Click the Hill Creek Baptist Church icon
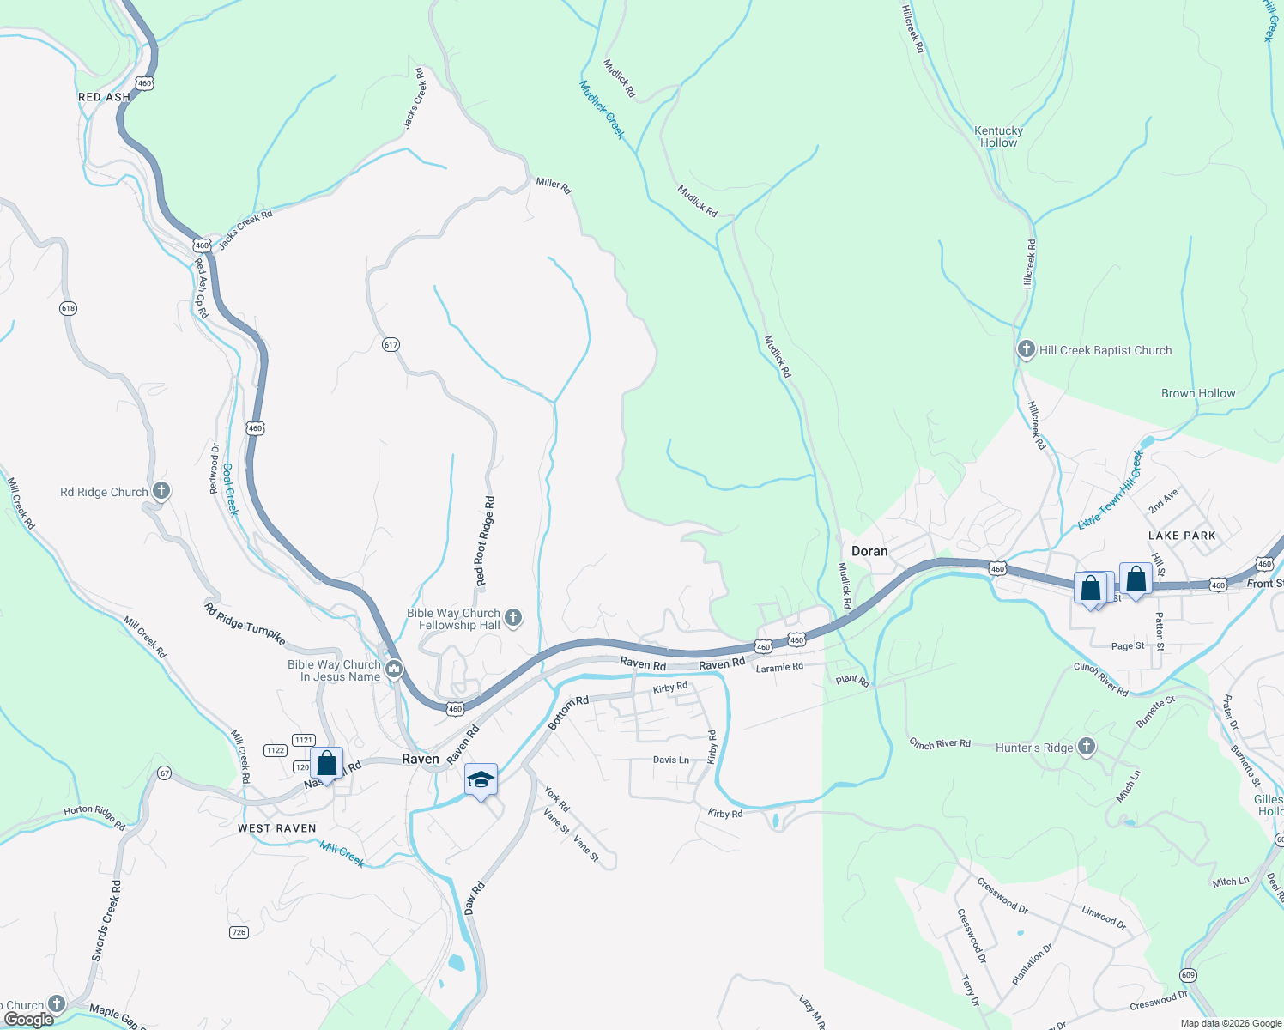pos(1026,349)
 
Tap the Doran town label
pos(869,551)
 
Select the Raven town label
pos(421,759)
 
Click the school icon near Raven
pos(481,779)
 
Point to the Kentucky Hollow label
pos(998,137)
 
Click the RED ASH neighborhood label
pos(104,97)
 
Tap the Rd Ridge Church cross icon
pos(161,491)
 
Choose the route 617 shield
pos(391,345)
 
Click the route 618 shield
pos(69,308)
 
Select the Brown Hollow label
pos(1198,393)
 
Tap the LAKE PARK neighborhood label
pos(1182,536)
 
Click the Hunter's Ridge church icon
pos(1087,747)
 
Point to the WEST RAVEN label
pos(276,828)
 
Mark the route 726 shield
pos(239,932)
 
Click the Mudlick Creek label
pos(602,110)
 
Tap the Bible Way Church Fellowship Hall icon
pos(513,617)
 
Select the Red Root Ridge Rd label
pos(485,542)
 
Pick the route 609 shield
pos(1188,975)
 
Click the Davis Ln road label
pos(670,760)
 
